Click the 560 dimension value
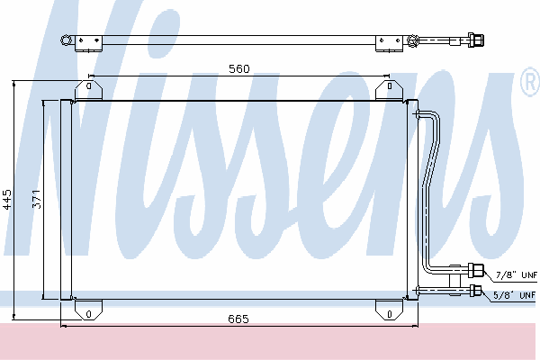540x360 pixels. pos(239,69)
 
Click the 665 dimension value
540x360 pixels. pos(238,319)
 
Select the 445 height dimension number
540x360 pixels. pos(7,200)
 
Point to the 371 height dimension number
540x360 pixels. pos(37,199)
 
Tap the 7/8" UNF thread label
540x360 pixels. pos(517,274)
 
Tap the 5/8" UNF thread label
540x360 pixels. pos(514,295)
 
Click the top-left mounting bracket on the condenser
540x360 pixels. pos(88,90)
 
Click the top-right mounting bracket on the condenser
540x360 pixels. pos(389,90)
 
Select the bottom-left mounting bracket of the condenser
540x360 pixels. pos(88,310)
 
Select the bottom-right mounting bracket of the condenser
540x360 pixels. pos(389,310)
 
